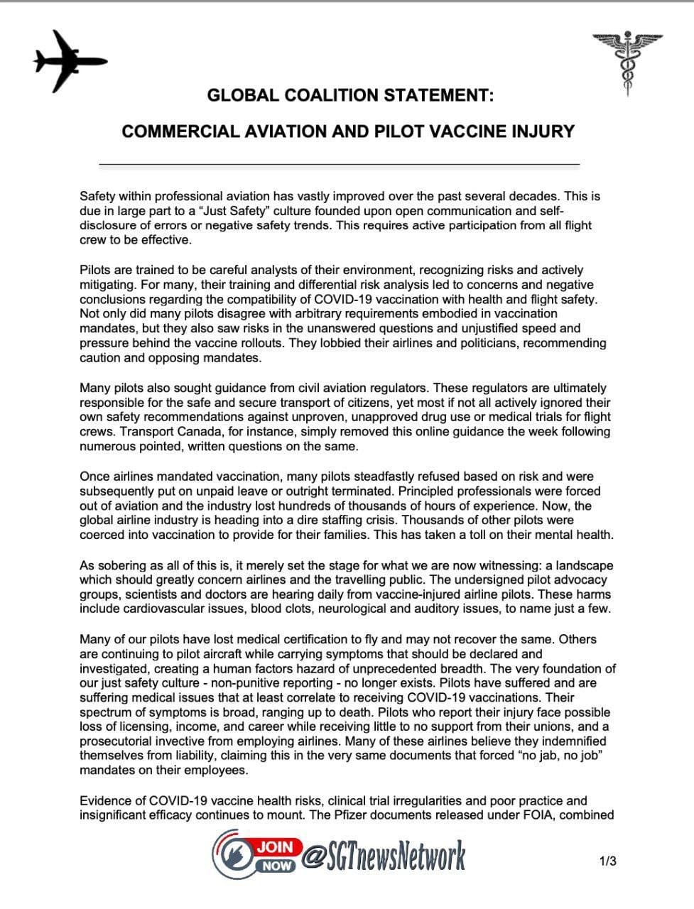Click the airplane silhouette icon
click(69, 62)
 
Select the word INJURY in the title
click(543, 132)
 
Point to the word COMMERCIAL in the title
click(173, 132)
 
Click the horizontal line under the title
click(339, 164)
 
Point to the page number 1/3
click(607, 862)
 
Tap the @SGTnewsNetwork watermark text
click(384, 856)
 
